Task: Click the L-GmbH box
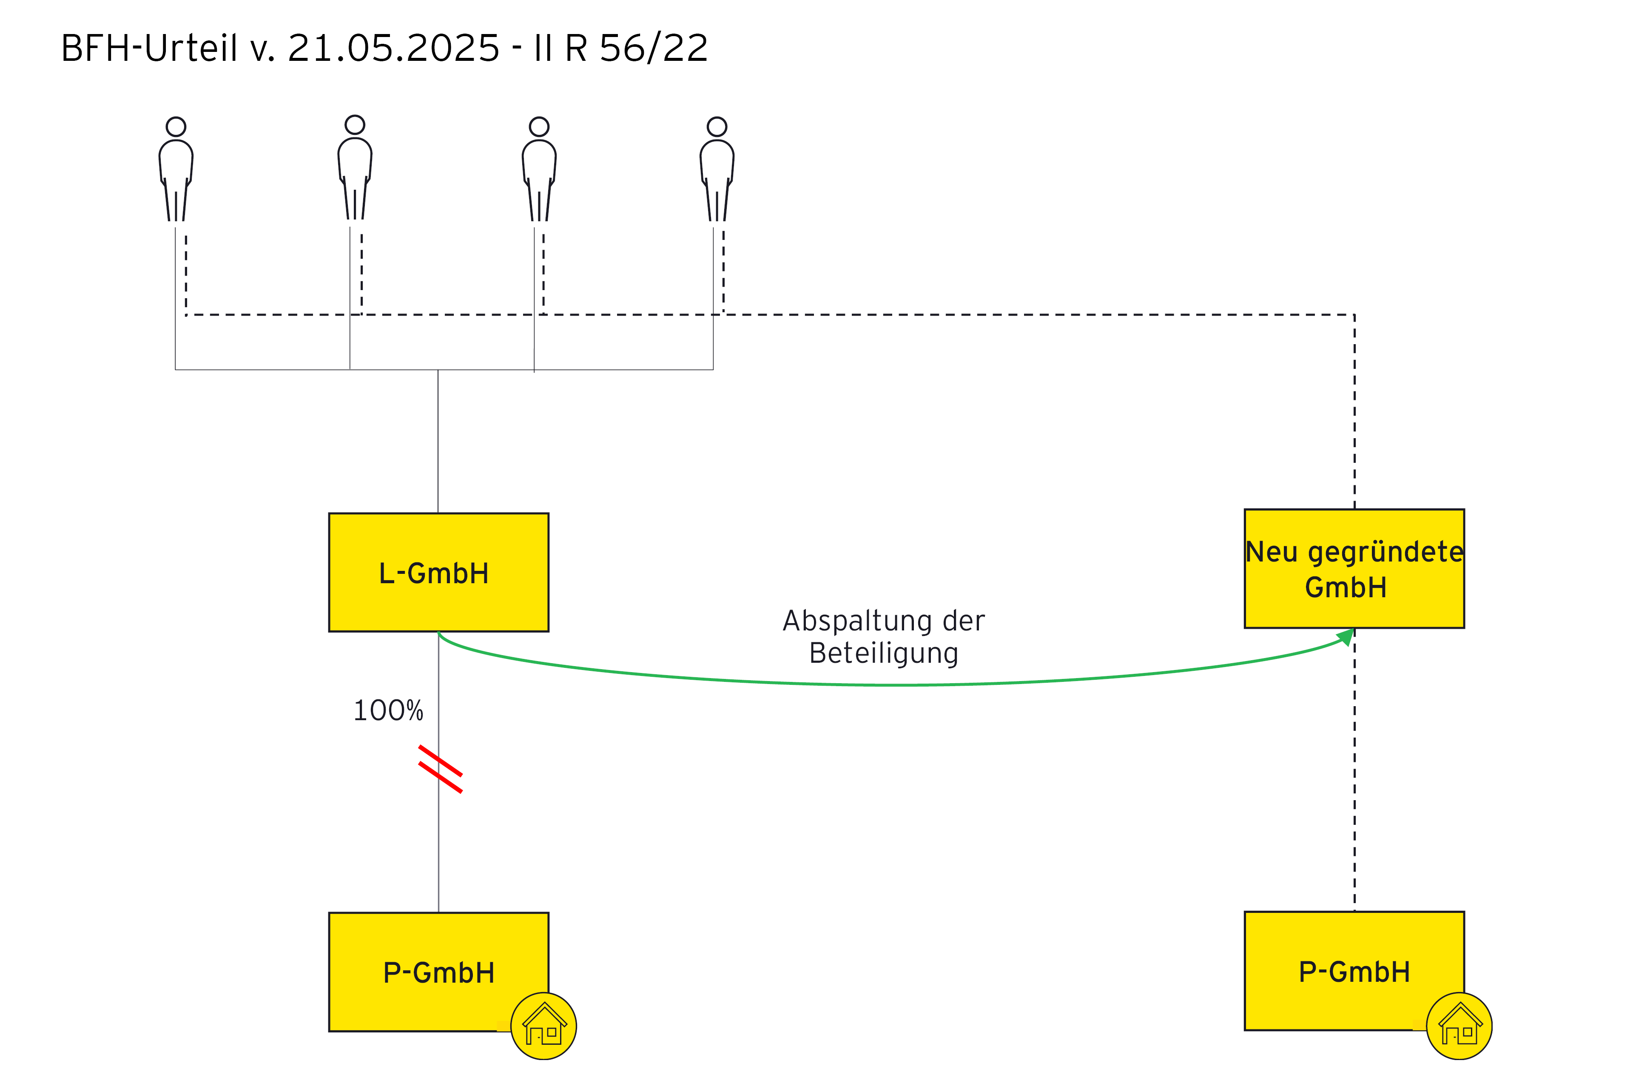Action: coord(438,572)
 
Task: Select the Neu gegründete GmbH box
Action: coord(1354,569)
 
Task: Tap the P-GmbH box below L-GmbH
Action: coord(438,972)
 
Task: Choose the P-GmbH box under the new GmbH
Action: coord(1354,970)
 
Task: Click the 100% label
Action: coord(388,710)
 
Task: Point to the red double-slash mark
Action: coord(440,769)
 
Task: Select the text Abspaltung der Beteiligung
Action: coord(883,637)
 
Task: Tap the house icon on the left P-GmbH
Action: coord(543,1026)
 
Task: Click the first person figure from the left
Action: coord(176,170)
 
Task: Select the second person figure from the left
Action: coord(355,169)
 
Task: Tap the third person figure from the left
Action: coord(539,170)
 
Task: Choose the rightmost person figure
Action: coord(717,170)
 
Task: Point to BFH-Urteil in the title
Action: coord(149,48)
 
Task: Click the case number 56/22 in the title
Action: coord(653,48)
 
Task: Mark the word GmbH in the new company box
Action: coord(1346,587)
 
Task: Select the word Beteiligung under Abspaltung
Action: coord(883,653)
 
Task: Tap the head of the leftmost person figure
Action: coord(176,126)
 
